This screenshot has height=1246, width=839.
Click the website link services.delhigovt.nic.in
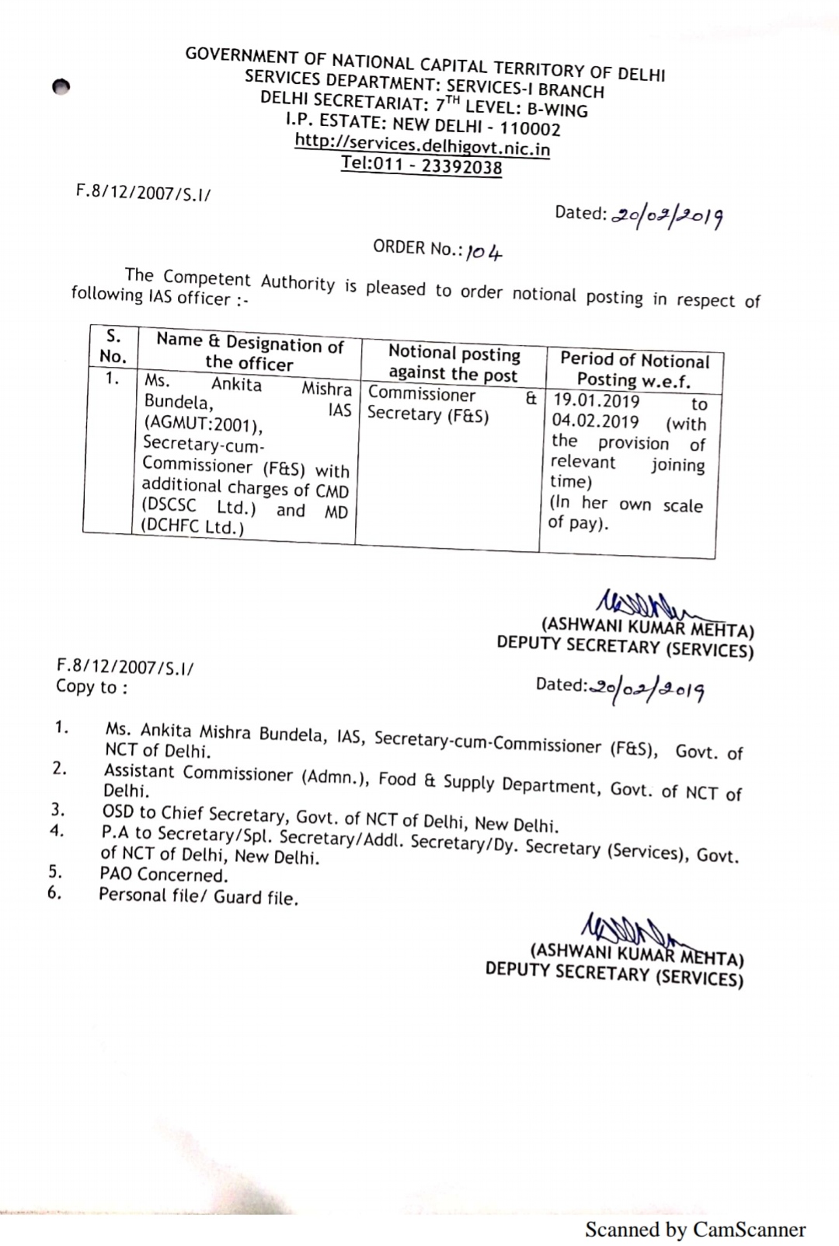(x=422, y=145)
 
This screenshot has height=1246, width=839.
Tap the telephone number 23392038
(x=461, y=166)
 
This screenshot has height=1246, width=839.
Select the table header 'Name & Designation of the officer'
(x=249, y=352)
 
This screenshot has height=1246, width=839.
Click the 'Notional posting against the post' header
(x=454, y=364)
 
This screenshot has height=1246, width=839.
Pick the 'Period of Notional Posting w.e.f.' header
(x=634, y=370)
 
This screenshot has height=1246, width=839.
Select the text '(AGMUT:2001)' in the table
(x=203, y=424)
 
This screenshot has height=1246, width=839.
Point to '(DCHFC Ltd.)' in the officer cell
(x=192, y=527)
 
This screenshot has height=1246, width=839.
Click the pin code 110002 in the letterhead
(x=529, y=128)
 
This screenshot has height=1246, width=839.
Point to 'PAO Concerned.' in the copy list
(x=164, y=874)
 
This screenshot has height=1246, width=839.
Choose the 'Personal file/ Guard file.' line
(x=198, y=896)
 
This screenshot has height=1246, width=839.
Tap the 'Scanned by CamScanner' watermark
(x=695, y=1229)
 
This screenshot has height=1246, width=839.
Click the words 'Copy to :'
(x=91, y=687)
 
